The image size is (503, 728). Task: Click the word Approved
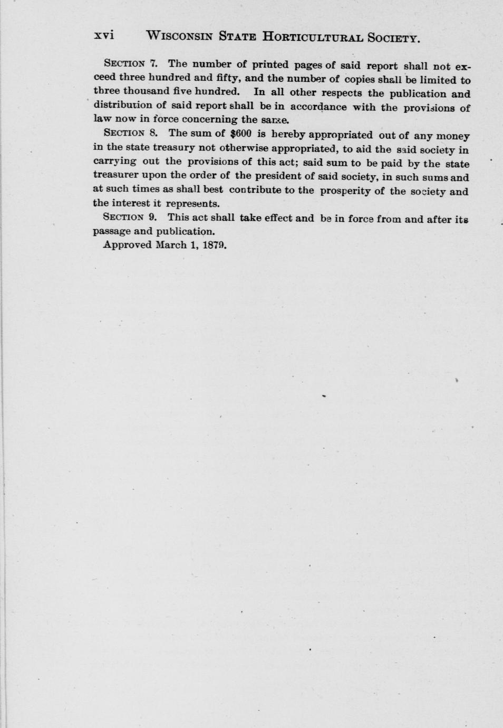pyautogui.click(x=127, y=245)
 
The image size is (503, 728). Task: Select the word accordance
pyautogui.click(x=318, y=107)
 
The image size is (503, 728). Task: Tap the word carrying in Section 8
pyautogui.click(x=114, y=162)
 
